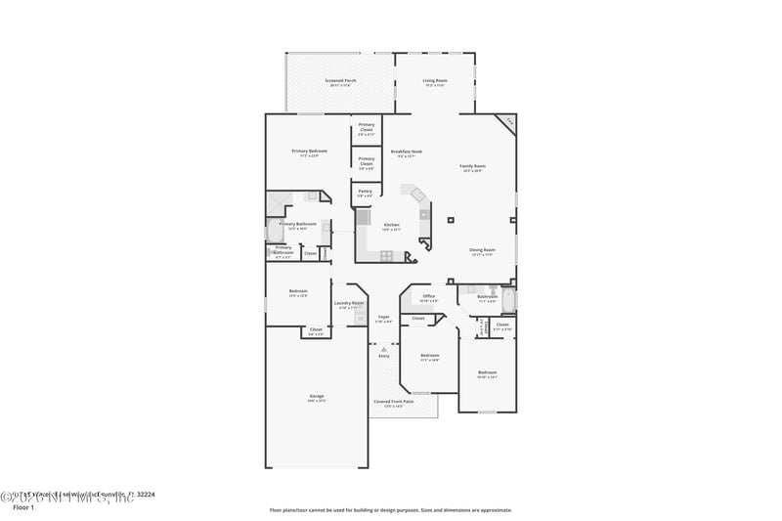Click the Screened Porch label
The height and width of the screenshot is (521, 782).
340,80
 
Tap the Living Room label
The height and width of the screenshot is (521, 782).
435,80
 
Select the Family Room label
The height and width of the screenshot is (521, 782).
473,166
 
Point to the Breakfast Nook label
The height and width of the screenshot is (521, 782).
407,152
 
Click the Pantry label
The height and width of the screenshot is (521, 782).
365,192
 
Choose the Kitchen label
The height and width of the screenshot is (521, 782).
391,225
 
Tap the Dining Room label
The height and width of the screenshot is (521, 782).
483,249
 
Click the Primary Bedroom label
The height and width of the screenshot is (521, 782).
309,152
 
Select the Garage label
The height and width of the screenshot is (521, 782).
317,396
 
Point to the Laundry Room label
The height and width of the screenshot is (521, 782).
349,303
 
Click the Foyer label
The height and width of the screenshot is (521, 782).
384,317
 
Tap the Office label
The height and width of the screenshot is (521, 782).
429,296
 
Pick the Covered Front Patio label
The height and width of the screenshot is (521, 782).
393,401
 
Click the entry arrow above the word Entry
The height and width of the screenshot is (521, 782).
384,348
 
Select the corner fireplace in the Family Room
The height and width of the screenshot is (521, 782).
506,123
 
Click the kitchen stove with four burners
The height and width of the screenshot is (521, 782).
386,256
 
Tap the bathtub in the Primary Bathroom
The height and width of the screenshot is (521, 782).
274,231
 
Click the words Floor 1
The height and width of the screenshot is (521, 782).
22,508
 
